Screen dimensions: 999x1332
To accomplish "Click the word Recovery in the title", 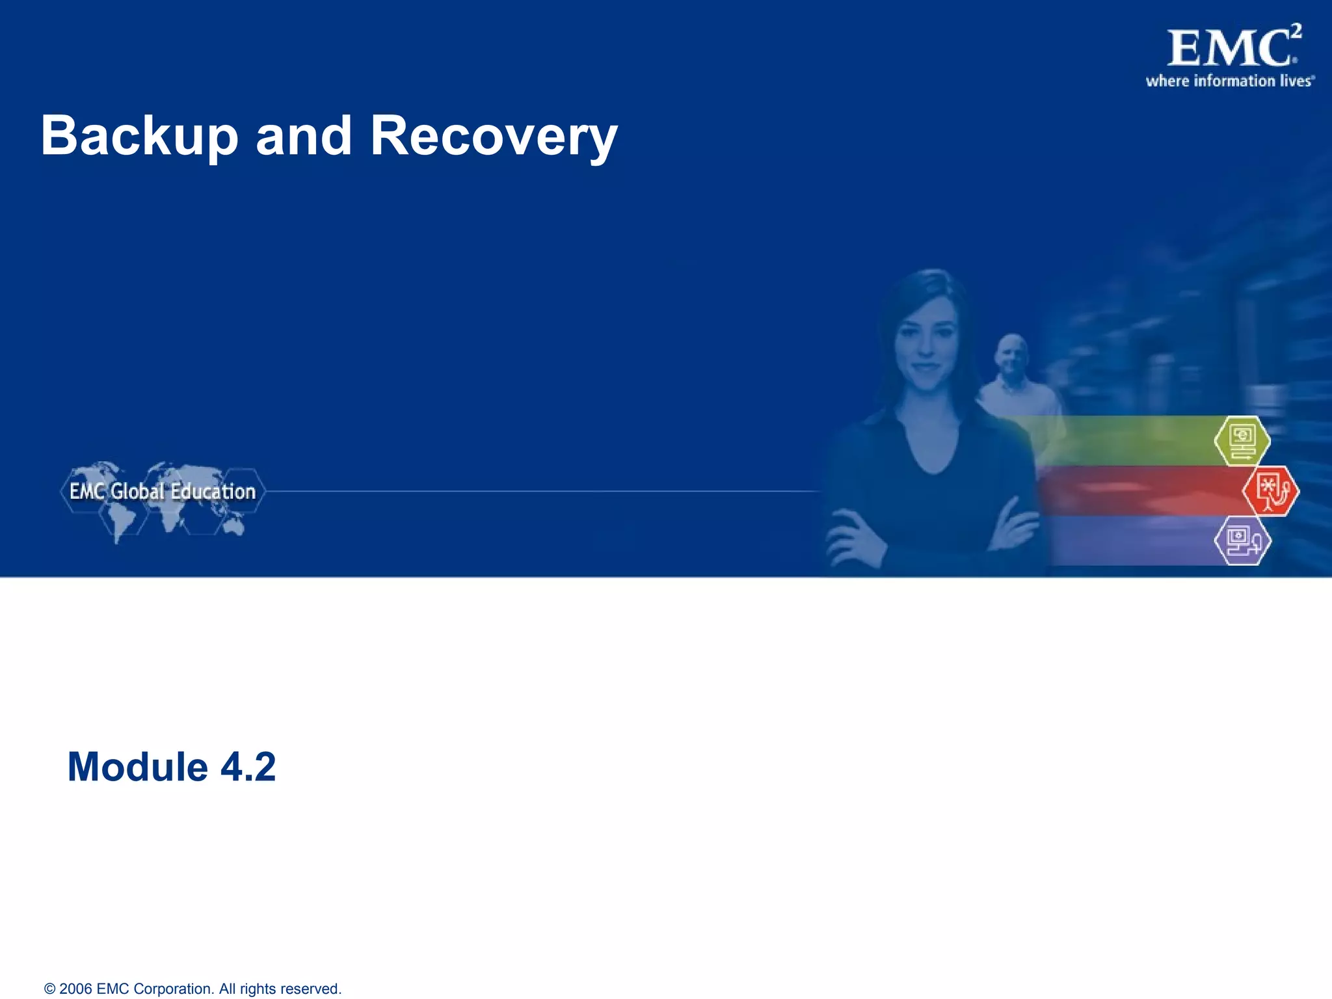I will pyautogui.click(x=494, y=137).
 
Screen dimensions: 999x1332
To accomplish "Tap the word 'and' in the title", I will pyautogui.click(x=304, y=137).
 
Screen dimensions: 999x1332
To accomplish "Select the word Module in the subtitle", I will pyautogui.click(x=137, y=767).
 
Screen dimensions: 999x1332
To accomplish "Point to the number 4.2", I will pyautogui.click(x=248, y=767).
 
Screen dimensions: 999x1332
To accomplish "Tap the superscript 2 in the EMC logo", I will pyautogui.click(x=1296, y=31).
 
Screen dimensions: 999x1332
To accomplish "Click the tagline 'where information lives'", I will pyautogui.click(x=1229, y=81).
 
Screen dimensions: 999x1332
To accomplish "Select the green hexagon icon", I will pyautogui.click(x=1242, y=441).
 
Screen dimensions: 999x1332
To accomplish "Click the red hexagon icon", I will pyautogui.click(x=1270, y=491).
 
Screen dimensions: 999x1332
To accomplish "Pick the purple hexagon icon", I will pyautogui.click(x=1242, y=540).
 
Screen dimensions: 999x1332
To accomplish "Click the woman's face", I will pyautogui.click(x=925, y=348).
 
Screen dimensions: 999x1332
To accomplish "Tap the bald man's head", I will pyautogui.click(x=1013, y=354).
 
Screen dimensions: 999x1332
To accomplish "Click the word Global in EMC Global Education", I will pyautogui.click(x=137, y=492).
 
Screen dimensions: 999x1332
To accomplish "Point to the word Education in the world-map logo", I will pyautogui.click(x=213, y=492).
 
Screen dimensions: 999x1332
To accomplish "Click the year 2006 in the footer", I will pyautogui.click(x=75, y=989).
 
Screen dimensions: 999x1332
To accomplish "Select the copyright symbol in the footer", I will pyautogui.click(x=49, y=989).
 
